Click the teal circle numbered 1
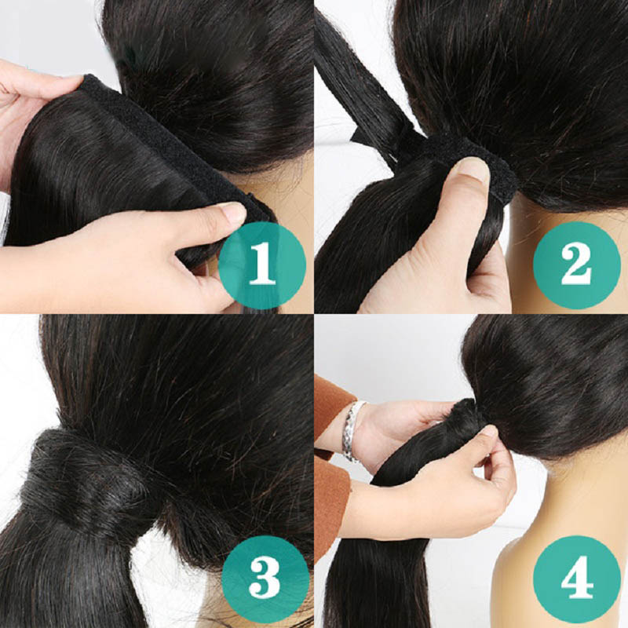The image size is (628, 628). pos(262,265)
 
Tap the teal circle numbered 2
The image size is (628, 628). pos(577,265)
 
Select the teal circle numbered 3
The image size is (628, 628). pos(265,580)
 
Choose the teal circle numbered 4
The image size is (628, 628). pos(577,580)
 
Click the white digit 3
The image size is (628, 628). pos(265,580)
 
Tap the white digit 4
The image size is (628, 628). pos(577,580)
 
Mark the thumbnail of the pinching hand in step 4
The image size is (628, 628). pos(488,432)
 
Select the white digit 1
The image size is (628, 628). pos(262,265)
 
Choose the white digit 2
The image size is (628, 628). pos(577,265)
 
